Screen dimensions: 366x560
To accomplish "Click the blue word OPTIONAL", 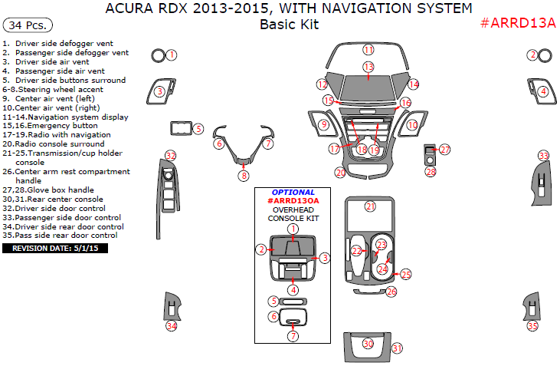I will (293, 193).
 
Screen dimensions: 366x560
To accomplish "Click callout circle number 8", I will (244, 176).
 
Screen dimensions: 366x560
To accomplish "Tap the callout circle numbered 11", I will (368, 50).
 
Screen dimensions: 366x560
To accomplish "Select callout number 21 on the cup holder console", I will (370, 206).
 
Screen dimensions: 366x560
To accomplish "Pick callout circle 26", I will (391, 292).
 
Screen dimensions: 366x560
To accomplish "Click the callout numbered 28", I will (430, 172).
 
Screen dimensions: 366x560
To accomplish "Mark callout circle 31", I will (397, 348).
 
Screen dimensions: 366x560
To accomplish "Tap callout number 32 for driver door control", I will (171, 156).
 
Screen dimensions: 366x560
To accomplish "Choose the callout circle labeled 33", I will (543, 156).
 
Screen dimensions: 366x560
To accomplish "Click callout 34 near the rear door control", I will (172, 326).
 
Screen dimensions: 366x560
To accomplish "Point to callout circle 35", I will (532, 326).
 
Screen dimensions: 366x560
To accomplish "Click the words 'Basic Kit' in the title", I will (289, 25).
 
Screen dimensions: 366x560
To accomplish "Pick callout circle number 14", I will (414, 84).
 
